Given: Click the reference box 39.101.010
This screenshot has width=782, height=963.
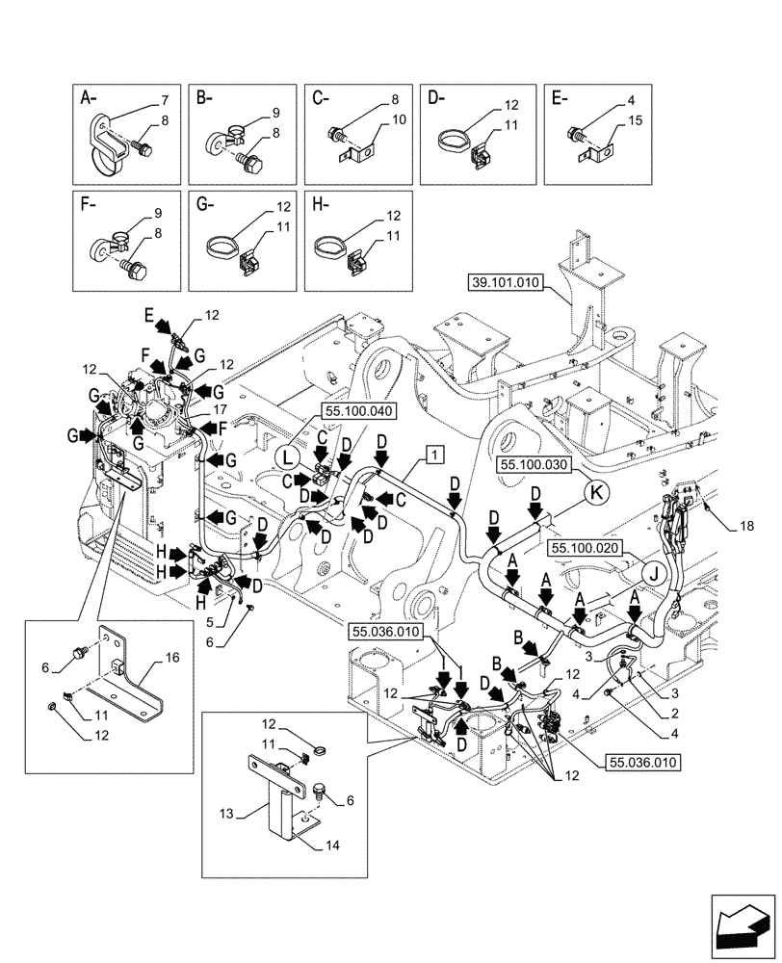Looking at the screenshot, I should (x=507, y=283).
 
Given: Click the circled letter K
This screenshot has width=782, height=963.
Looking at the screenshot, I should (x=596, y=491).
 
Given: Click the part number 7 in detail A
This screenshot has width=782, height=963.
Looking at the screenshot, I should (x=165, y=101).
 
